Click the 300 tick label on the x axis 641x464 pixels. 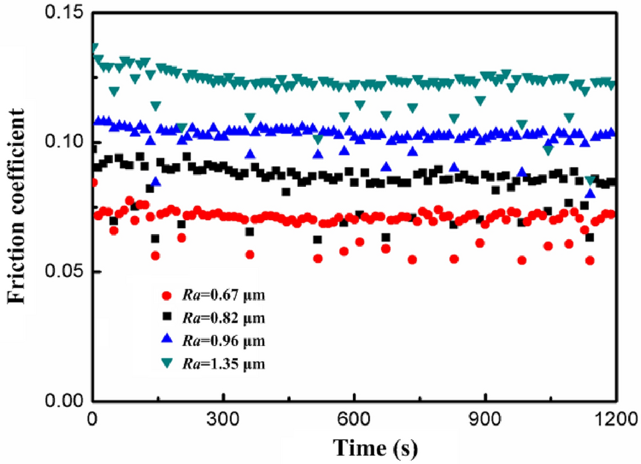click(223, 419)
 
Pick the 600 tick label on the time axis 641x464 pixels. click(354, 419)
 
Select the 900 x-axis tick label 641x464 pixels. click(485, 419)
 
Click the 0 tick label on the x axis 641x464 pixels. click(92, 419)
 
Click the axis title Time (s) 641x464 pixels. click(375, 447)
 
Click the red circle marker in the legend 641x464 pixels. click(168, 294)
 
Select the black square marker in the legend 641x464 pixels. click(168, 317)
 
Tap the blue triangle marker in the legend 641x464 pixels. click(168, 339)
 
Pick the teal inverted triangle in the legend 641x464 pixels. click(168, 363)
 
